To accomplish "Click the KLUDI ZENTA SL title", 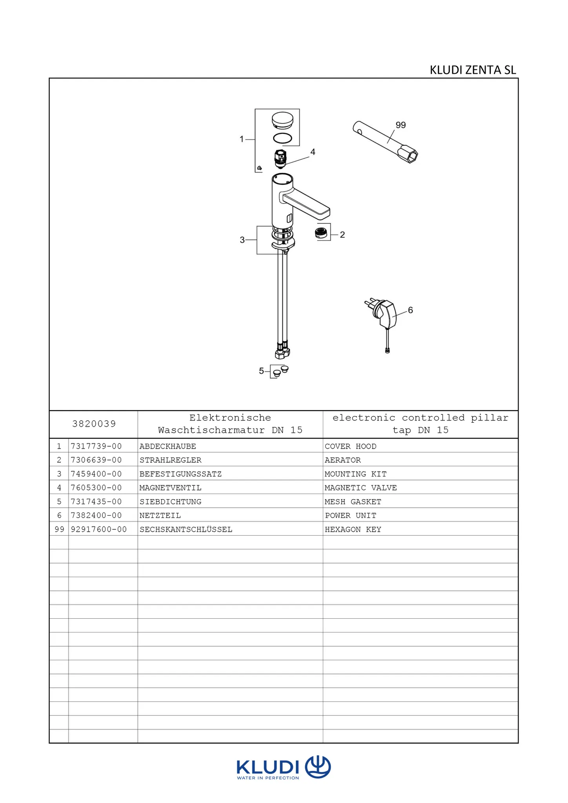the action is [473, 70].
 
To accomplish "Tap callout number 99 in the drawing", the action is [401, 125].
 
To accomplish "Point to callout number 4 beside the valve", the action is [313, 152].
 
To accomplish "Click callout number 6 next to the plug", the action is [410, 310].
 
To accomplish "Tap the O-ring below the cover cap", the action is [282, 138].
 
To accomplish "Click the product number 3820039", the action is [94, 424].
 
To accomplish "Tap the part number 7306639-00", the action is [96, 460].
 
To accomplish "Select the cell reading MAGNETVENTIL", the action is [170, 488].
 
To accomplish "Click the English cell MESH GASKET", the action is [353, 502].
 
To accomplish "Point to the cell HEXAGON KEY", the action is [353, 530].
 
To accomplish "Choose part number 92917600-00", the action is [99, 530].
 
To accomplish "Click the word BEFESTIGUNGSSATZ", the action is [180, 474].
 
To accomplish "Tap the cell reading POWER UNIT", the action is [351, 516].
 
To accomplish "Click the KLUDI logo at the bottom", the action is [284, 767].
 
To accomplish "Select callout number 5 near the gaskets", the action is [261, 371].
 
